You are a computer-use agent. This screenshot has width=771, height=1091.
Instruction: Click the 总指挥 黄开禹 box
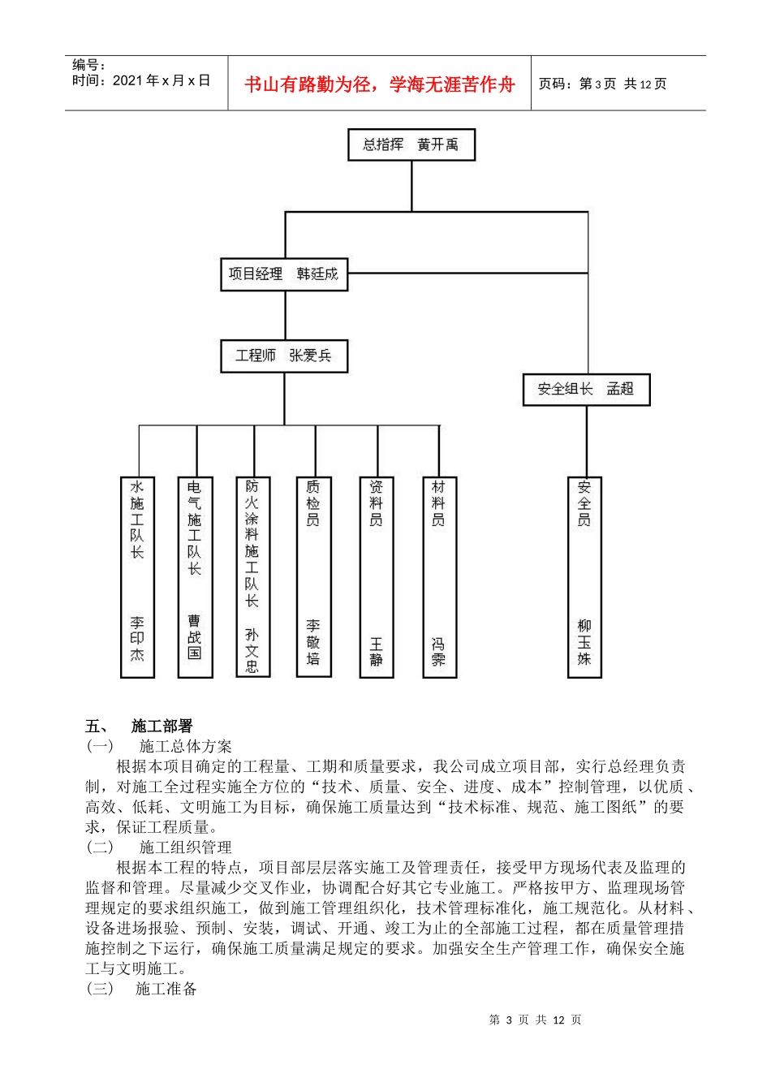click(x=411, y=144)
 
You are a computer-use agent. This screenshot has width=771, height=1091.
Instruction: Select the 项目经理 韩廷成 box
click(x=283, y=274)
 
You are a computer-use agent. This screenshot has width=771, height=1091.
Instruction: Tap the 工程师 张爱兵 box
click(x=283, y=356)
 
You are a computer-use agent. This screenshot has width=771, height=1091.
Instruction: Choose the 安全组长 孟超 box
click(x=586, y=390)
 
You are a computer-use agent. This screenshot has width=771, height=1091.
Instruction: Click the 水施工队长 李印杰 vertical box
click(x=137, y=576)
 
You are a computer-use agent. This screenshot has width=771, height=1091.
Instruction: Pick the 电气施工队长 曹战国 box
click(x=195, y=576)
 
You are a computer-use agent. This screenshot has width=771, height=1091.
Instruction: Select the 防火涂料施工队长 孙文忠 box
click(x=252, y=576)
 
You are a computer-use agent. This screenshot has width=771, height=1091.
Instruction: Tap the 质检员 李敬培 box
click(x=313, y=576)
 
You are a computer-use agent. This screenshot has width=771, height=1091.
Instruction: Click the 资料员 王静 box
click(x=377, y=576)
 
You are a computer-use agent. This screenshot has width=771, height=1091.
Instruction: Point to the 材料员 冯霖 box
click(x=439, y=576)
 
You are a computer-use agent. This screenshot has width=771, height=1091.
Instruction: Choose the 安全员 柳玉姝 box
click(x=584, y=576)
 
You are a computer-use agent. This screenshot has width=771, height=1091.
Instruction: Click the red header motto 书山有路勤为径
click(x=380, y=84)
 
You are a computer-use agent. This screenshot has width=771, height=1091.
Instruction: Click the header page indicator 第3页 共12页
click(x=603, y=84)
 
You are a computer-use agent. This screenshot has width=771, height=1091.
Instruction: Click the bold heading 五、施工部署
click(x=139, y=726)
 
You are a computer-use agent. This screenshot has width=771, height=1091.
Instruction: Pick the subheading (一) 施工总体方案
click(x=159, y=746)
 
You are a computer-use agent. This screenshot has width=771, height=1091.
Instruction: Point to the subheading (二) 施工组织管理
click(x=159, y=847)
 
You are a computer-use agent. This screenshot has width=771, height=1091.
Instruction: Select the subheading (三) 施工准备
click(x=142, y=989)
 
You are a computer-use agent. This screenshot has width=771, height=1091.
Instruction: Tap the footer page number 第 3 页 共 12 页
click(x=536, y=1020)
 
